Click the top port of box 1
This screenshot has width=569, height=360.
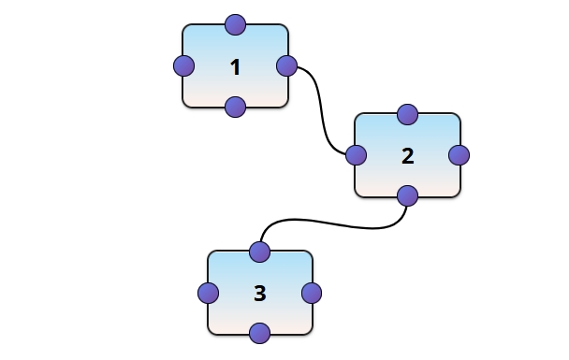pos(235,24)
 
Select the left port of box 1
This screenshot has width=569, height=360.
pos(184,66)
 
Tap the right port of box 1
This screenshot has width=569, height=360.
pos(287,66)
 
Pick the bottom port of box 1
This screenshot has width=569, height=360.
pos(235,107)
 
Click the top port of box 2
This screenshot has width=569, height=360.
pos(407,114)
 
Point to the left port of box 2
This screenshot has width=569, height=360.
pos(356,155)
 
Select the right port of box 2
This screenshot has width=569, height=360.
pos(459,155)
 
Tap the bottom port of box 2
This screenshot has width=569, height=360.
pos(407,196)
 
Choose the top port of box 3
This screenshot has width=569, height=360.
pos(260,252)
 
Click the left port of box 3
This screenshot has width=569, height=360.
pos(209,293)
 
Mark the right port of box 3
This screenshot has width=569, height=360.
pos(312,293)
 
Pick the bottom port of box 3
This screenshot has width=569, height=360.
pos(260,333)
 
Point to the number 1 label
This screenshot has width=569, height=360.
pos(235,67)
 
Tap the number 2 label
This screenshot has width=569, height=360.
pos(407,156)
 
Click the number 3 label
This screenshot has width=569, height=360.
pos(260,294)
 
